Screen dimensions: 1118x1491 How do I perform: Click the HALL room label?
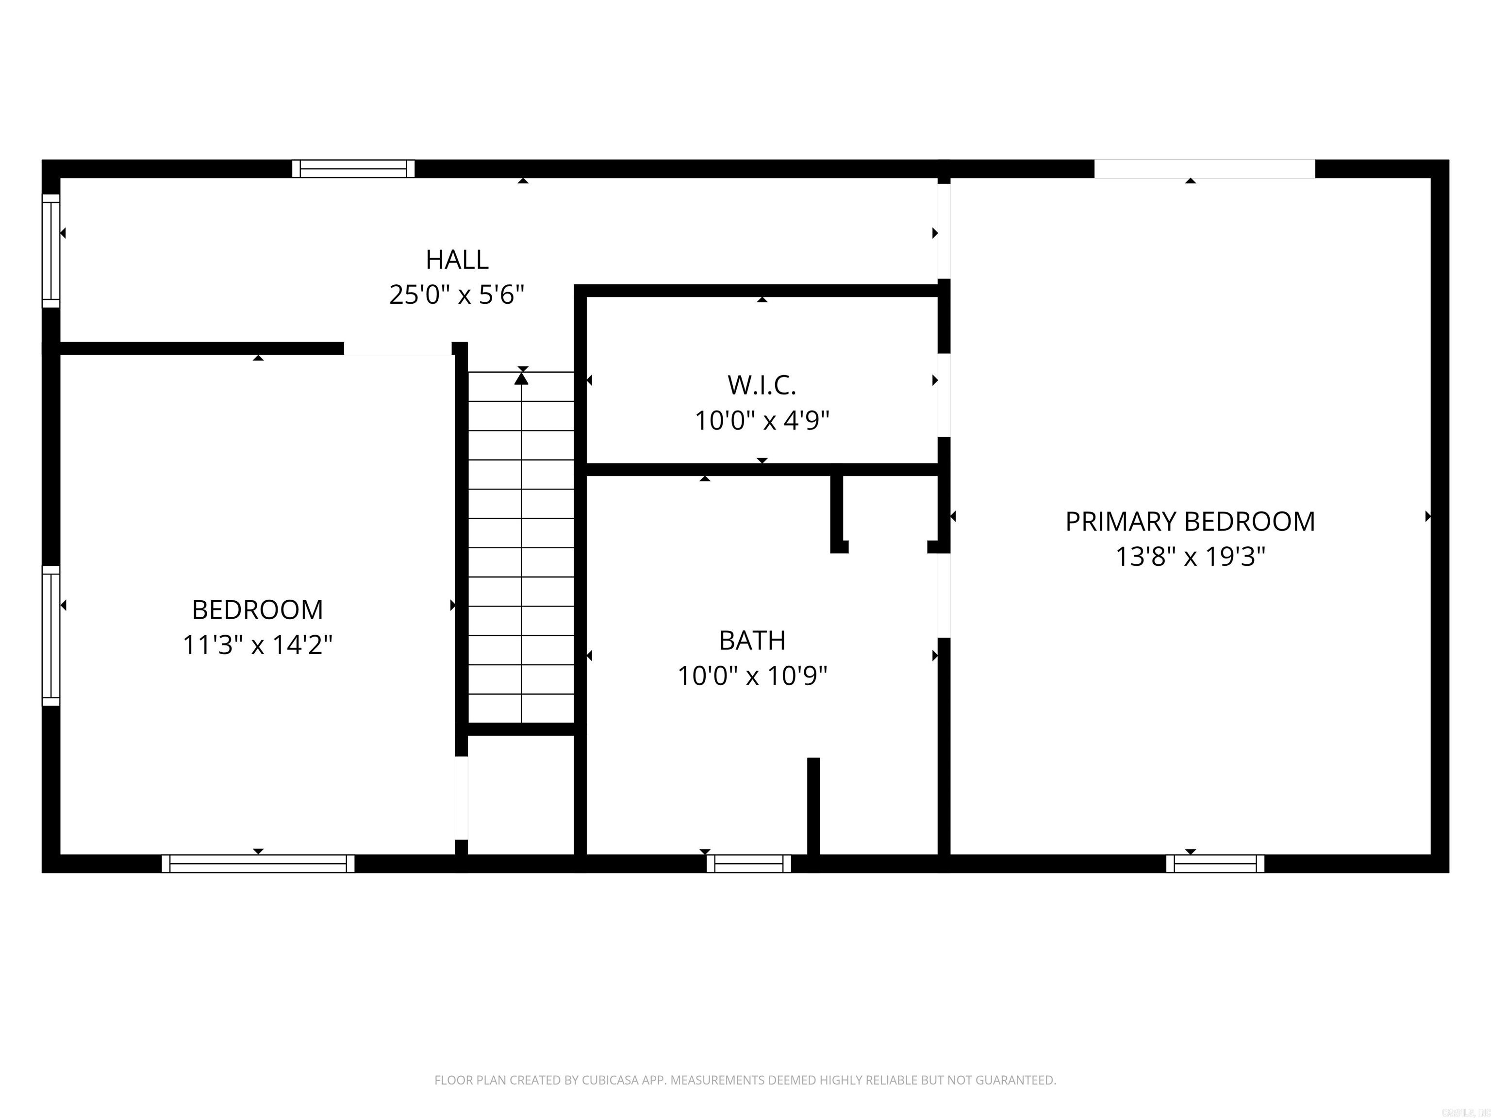point(457,260)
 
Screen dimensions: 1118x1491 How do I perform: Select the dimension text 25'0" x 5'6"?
point(457,295)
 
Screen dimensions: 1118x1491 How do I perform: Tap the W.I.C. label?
point(762,385)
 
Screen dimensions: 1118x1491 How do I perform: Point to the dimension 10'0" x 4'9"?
point(762,421)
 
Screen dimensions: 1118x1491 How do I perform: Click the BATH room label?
point(752,640)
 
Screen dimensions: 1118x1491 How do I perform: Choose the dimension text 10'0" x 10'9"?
point(752,676)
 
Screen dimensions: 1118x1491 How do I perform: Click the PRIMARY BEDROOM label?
point(1190,522)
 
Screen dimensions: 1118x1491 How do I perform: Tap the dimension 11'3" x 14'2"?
point(258,645)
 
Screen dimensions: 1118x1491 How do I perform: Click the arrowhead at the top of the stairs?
point(521,378)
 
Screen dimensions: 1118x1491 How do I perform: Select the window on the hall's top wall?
point(353,168)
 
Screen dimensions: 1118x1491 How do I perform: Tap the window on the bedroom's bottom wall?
point(258,864)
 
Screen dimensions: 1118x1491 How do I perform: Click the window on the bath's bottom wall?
point(749,864)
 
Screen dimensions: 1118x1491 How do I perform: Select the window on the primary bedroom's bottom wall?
point(1215,864)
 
